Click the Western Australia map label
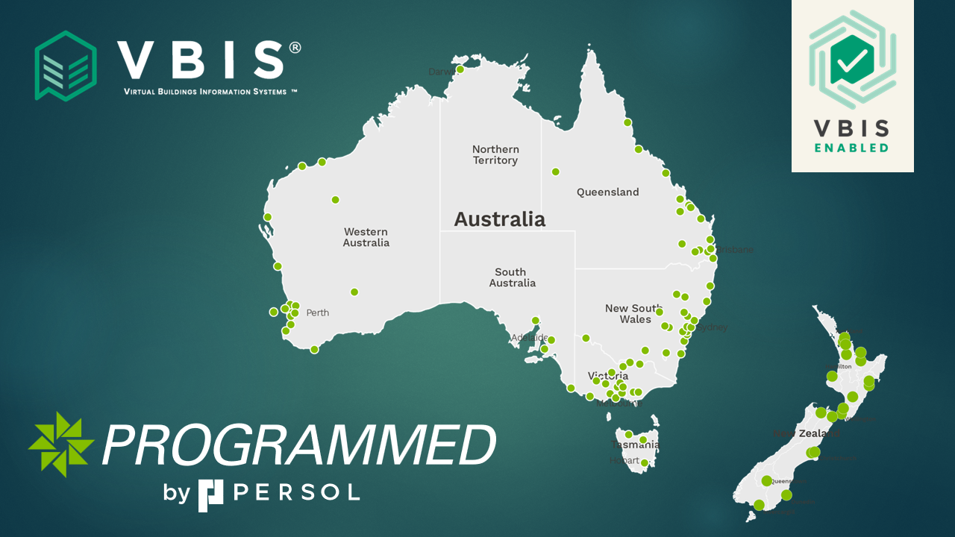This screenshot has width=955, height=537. (x=366, y=237)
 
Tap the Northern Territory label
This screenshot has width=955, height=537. (x=495, y=155)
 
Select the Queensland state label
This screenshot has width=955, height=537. (x=607, y=192)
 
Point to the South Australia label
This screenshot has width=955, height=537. (x=512, y=277)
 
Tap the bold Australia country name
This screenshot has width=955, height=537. (x=500, y=219)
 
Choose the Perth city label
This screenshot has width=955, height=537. (x=317, y=313)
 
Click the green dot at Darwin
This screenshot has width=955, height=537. (x=460, y=69)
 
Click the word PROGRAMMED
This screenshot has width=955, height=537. (x=298, y=446)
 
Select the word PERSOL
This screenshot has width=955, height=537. (x=297, y=492)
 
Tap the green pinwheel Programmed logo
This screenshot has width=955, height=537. (x=61, y=444)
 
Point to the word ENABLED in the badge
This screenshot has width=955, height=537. (x=851, y=148)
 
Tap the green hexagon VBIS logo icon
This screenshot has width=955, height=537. (x=66, y=66)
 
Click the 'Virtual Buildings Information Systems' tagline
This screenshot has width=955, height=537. (x=210, y=92)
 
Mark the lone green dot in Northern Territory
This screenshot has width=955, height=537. (x=555, y=172)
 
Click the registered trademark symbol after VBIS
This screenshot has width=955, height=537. (x=295, y=48)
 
